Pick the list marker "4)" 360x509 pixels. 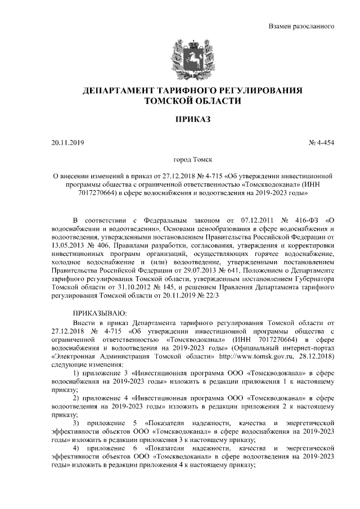click(x=79, y=448)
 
